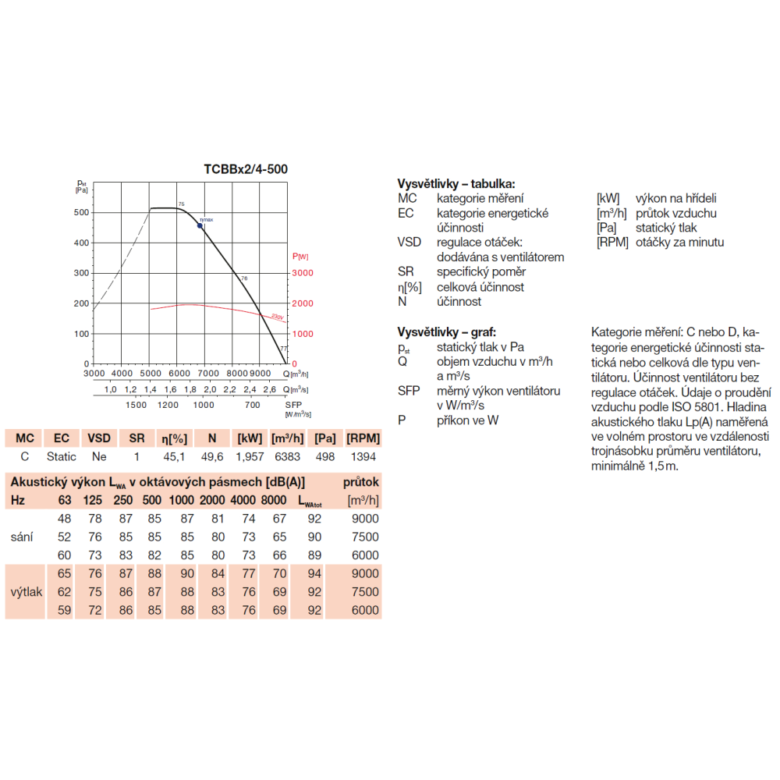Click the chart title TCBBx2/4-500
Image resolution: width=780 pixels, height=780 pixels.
246,169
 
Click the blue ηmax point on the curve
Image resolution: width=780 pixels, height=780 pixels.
200,226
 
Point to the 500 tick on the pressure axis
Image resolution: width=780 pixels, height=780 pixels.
81,212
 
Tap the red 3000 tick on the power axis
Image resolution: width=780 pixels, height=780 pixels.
303,273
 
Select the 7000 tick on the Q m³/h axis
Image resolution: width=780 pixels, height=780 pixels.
208,373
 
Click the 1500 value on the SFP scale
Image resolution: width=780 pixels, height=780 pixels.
136,405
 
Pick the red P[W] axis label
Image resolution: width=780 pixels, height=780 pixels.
300,256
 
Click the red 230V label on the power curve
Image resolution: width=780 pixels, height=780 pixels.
278,317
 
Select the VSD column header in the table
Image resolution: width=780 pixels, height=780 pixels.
99,438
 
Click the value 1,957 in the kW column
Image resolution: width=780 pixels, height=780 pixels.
250,456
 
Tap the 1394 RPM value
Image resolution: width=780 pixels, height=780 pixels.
363,456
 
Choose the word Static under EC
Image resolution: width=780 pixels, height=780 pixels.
61,456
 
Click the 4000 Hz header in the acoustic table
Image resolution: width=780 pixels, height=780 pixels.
243,500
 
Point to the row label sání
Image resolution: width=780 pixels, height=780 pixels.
22,537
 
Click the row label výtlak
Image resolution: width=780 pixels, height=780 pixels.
27,592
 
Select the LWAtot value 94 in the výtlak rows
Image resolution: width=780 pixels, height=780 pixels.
314,573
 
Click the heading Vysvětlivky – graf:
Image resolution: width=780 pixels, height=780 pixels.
447,331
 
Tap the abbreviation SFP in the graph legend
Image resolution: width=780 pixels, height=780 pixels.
409,391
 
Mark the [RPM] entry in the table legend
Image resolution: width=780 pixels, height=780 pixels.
612,243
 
